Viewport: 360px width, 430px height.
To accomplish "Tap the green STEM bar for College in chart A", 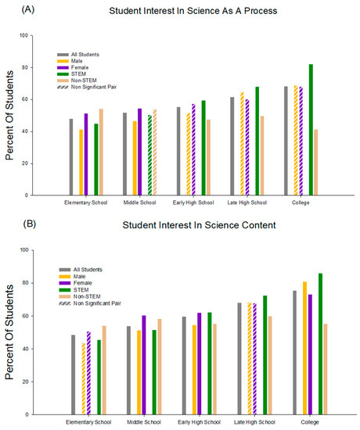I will (x=311, y=129).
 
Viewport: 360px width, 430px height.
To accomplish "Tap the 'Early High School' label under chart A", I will (x=196, y=202).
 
